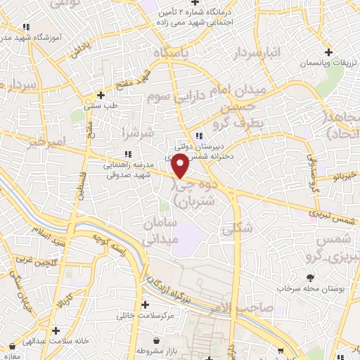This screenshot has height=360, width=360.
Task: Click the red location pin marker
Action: click(181, 167)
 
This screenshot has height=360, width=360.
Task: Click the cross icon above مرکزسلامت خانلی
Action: click(145, 305)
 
